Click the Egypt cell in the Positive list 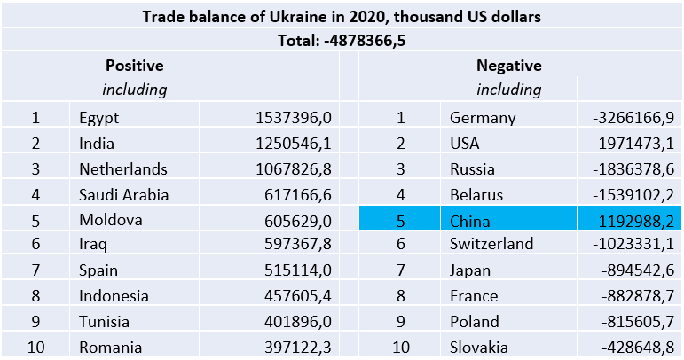coord(98,118)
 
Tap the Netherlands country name coord(122,169)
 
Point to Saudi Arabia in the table coord(123,195)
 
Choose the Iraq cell coord(93,246)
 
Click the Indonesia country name coord(114,296)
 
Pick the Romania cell coord(110,348)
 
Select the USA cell coord(467,144)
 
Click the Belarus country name coord(476,195)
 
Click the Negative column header coord(508,66)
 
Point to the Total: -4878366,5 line coord(342,40)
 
